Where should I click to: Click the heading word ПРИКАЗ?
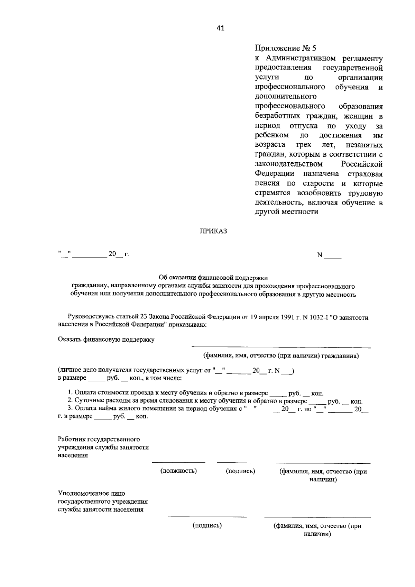click(x=213, y=231)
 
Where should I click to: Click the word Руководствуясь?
click(x=90, y=317)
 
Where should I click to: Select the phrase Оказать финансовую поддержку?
click(x=106, y=340)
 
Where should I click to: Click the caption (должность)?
click(x=178, y=471)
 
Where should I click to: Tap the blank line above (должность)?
click(x=178, y=462)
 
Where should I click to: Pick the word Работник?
click(x=71, y=440)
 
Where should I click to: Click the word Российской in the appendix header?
click(x=362, y=164)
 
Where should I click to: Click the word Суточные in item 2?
click(x=86, y=401)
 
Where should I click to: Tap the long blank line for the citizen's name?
click(x=281, y=347)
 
